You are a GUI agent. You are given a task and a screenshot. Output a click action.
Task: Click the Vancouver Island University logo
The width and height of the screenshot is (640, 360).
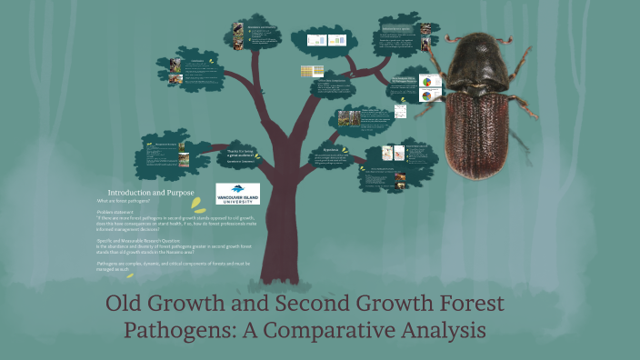(x=237, y=193)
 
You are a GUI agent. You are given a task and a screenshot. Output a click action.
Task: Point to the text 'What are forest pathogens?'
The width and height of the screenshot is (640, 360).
(x=123, y=200)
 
